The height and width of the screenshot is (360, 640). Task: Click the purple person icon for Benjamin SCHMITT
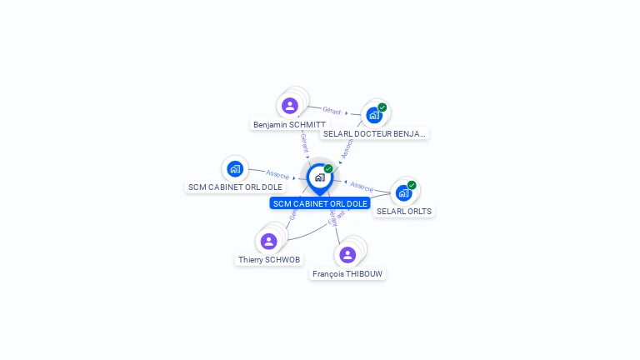click(x=289, y=106)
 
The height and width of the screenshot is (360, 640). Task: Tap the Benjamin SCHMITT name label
click(x=289, y=125)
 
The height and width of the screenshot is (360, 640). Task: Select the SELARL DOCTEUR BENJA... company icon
click(x=373, y=116)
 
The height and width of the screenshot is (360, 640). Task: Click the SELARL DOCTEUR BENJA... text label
click(x=374, y=133)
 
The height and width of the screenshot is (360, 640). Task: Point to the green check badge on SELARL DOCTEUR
click(x=382, y=107)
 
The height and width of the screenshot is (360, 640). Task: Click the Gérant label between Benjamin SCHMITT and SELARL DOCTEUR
click(x=332, y=110)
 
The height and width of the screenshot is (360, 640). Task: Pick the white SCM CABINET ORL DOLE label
click(x=235, y=187)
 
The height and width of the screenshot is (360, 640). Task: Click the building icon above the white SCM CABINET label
click(x=235, y=169)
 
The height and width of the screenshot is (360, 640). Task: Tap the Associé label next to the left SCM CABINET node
click(x=277, y=175)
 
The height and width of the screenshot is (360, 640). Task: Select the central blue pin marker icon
click(x=319, y=178)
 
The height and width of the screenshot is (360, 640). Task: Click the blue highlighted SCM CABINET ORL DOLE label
click(x=320, y=203)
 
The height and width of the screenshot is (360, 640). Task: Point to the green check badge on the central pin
click(x=328, y=169)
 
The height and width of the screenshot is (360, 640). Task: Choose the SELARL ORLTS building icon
click(x=403, y=193)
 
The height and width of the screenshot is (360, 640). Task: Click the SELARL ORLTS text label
click(x=404, y=212)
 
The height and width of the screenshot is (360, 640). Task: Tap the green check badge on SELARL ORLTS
click(x=412, y=185)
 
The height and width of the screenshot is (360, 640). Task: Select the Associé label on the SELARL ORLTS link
click(x=362, y=186)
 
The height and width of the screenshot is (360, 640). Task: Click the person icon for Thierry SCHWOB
click(x=268, y=242)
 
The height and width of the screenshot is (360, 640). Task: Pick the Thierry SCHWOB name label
click(x=269, y=260)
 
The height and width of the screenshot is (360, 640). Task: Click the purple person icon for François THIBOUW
click(x=347, y=255)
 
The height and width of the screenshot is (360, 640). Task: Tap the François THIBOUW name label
click(x=348, y=273)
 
